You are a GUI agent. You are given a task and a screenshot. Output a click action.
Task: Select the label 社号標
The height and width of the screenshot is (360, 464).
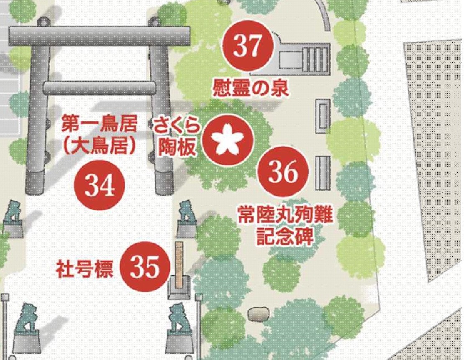click(x=84, y=270)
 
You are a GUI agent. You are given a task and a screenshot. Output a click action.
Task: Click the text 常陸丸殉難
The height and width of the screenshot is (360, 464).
click(x=285, y=217)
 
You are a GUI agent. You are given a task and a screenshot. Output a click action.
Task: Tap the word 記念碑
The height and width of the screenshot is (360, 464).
click(x=285, y=237)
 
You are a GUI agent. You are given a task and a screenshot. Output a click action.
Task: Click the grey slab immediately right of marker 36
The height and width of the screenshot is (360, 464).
click(x=322, y=173)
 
